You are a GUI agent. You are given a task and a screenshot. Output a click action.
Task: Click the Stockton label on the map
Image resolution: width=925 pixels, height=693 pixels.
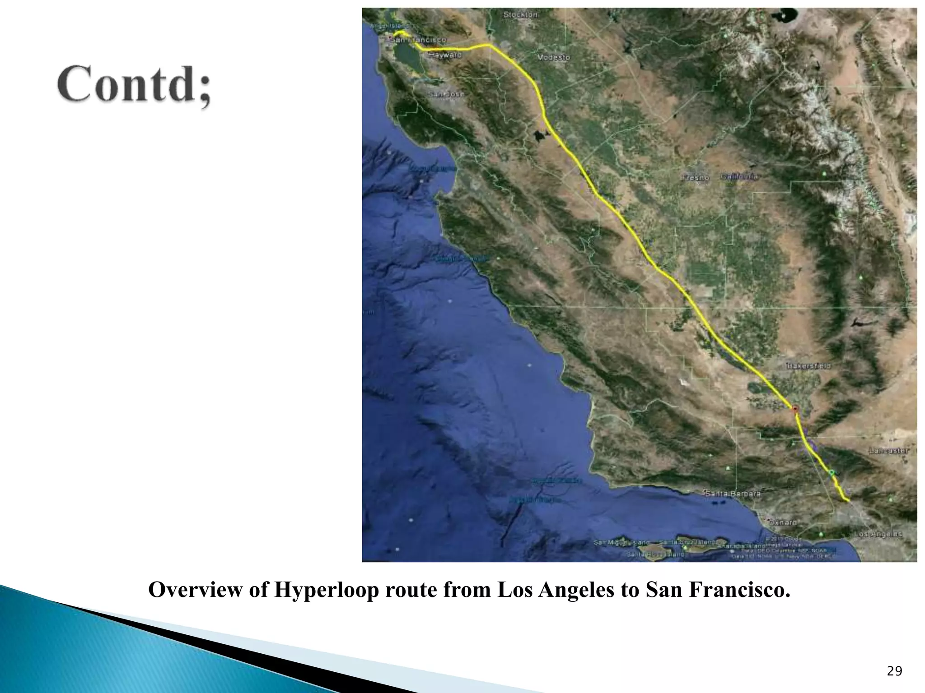click(x=520, y=15)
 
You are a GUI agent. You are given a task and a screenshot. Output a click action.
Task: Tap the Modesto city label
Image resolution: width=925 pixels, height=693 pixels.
click(x=553, y=58)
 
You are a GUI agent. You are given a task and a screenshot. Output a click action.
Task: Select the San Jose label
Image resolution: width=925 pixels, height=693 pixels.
click(x=446, y=95)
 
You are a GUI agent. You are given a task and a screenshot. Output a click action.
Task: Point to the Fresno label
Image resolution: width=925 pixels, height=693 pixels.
click(x=695, y=178)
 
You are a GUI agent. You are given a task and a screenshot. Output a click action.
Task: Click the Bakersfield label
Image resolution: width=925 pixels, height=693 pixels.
click(x=808, y=366)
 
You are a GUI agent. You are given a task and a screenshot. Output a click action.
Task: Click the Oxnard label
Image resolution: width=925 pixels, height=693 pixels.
click(x=783, y=522)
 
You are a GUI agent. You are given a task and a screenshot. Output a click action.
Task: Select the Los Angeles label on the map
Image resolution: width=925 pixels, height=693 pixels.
click(x=878, y=534)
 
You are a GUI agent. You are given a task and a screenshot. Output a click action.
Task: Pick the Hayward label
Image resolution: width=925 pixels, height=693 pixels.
click(x=445, y=55)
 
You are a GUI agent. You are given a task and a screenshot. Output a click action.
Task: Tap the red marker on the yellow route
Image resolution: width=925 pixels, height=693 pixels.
click(x=795, y=409)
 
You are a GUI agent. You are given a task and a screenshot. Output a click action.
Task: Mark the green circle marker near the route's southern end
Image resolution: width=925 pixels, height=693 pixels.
click(x=832, y=472)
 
